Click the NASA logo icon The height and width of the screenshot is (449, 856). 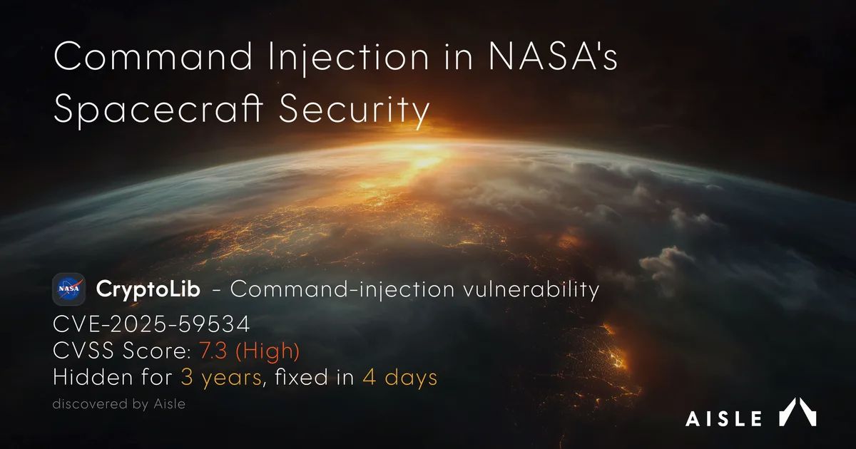coord(69,290)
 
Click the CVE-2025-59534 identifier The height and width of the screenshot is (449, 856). coord(151,325)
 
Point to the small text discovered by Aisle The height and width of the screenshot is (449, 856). coord(118,404)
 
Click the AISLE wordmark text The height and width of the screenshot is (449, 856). coord(723,418)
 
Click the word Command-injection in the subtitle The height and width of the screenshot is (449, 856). coord(343,290)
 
